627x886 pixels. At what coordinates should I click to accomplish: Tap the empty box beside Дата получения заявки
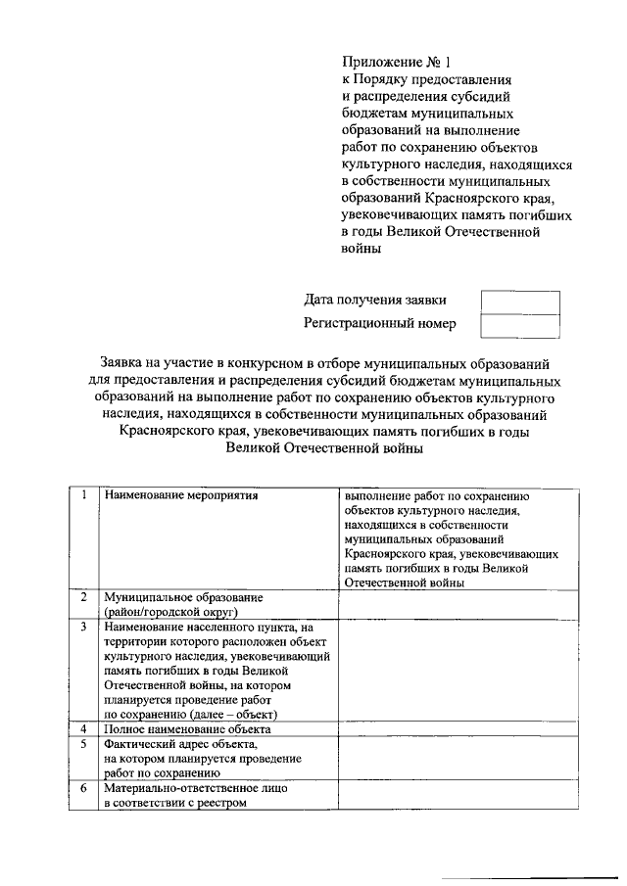(x=519, y=302)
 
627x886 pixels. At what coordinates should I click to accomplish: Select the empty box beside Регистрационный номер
(x=519, y=324)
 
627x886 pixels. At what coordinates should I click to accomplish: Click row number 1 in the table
(x=84, y=495)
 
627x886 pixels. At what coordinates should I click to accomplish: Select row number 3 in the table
(x=84, y=627)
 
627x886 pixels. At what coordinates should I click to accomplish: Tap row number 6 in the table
(x=84, y=787)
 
